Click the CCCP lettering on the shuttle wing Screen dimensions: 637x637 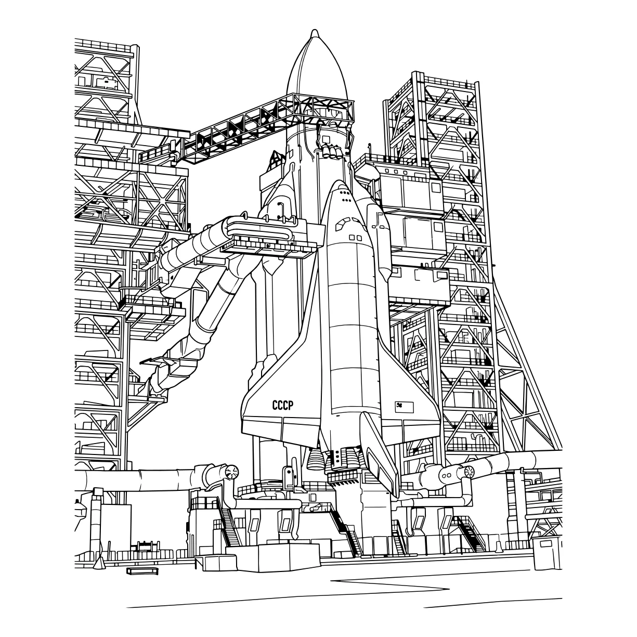click(x=283, y=405)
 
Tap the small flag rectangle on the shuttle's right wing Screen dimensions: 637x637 click(x=404, y=407)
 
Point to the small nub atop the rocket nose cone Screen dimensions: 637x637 click(x=315, y=33)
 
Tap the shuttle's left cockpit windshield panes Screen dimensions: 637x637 click(x=344, y=224)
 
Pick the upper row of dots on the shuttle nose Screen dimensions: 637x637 click(x=344, y=192)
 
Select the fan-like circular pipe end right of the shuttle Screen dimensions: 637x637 click(x=469, y=472)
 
